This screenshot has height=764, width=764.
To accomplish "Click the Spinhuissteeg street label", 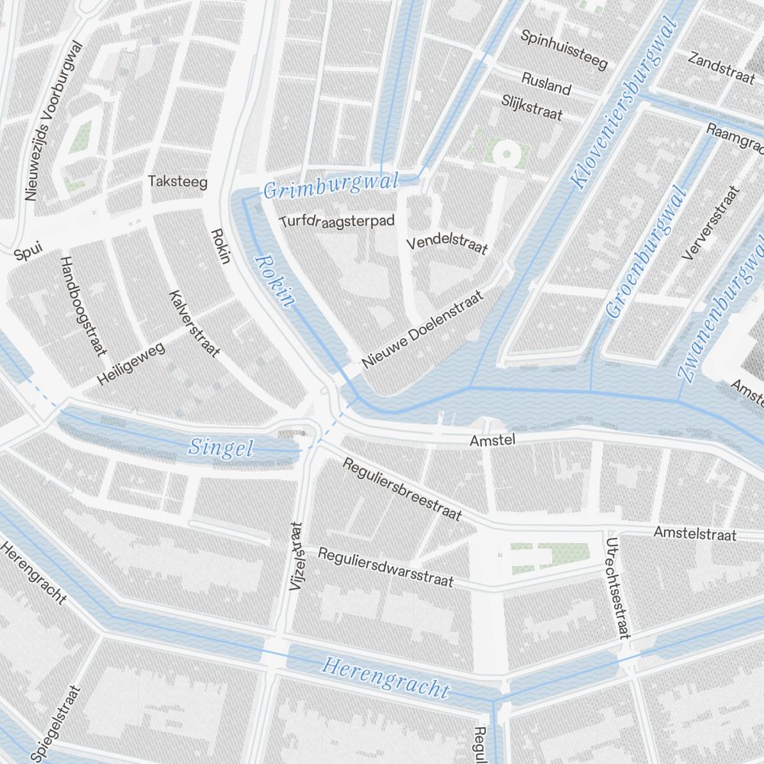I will [564, 49].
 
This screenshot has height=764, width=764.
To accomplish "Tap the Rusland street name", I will [546, 83].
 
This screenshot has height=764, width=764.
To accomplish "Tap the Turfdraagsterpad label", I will [337, 222].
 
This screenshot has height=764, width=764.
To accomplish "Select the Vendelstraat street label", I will [447, 244].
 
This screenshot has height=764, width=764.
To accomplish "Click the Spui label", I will [28, 250].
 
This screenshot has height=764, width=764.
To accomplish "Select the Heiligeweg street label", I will [131, 364].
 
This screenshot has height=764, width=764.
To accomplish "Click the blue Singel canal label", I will [221, 447].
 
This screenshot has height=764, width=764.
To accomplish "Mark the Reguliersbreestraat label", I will [402, 489].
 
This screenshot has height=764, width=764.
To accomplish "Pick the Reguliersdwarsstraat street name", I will [386, 567].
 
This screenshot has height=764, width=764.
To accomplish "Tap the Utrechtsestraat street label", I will [617, 588].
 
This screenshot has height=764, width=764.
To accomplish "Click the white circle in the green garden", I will [506, 154].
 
